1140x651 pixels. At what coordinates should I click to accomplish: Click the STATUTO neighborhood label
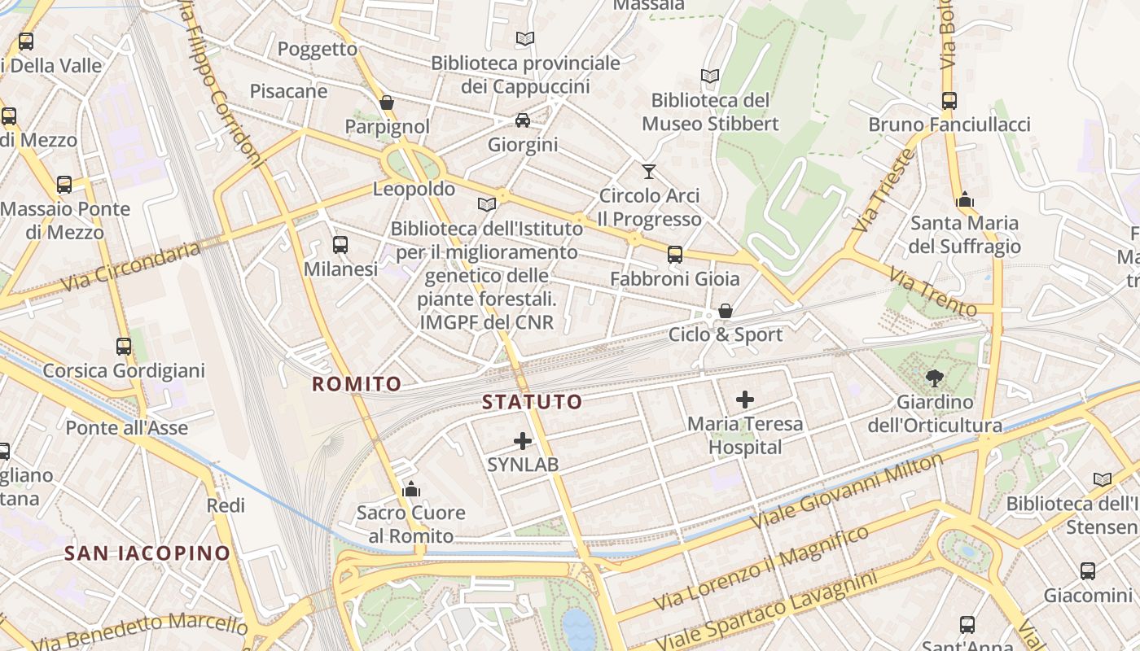tap(532, 401)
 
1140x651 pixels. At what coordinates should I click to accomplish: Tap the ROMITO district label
tap(357, 384)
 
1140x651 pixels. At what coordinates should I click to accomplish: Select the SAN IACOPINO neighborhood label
tap(147, 553)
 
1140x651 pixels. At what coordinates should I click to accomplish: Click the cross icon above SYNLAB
tap(523, 441)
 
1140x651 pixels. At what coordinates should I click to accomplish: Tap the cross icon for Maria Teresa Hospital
tap(744, 399)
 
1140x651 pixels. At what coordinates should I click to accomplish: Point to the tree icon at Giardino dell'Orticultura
tap(934, 377)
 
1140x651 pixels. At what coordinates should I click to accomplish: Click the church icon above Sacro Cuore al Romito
tap(411, 489)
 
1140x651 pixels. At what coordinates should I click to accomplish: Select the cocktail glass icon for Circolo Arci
tap(648, 171)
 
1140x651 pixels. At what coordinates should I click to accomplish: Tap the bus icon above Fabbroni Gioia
tap(675, 255)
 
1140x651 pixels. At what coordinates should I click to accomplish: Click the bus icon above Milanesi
tap(340, 244)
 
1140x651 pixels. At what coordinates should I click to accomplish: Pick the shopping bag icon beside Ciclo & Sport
tap(726, 311)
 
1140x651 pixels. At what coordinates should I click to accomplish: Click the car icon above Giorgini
tap(523, 120)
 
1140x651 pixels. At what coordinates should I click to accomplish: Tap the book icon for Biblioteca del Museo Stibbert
tap(710, 76)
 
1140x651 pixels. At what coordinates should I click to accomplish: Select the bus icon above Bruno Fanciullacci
tap(949, 101)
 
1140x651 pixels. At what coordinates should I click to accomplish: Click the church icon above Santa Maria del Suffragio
tap(965, 199)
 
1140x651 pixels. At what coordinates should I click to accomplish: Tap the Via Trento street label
tap(933, 292)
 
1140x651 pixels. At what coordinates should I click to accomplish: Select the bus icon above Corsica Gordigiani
tap(124, 347)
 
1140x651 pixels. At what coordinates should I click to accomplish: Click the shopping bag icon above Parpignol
tap(387, 103)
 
